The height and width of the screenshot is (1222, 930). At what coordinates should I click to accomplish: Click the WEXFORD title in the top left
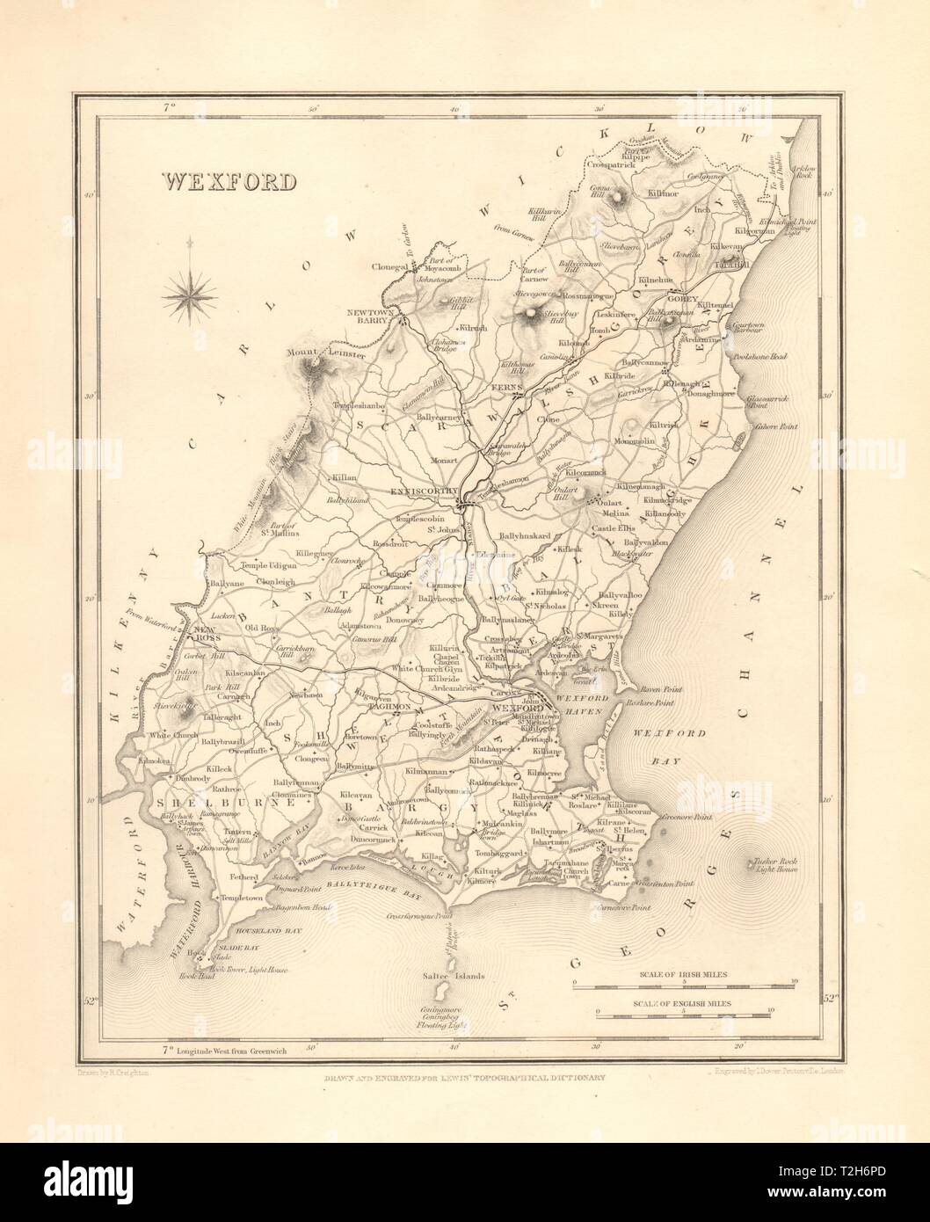228,180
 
